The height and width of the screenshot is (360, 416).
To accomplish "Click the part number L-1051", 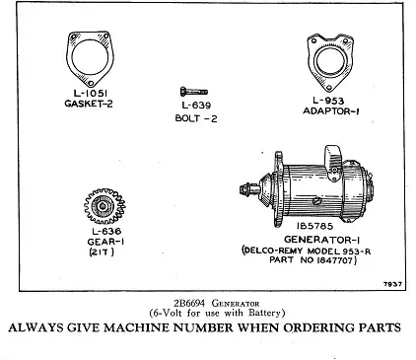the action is [x=90, y=94].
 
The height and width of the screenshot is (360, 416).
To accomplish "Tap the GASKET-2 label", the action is [x=89, y=104].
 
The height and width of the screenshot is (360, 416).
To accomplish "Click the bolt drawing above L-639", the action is [x=194, y=92].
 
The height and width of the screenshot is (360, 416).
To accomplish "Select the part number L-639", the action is [x=196, y=106].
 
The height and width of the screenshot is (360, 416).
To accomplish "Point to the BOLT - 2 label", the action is [x=196, y=118].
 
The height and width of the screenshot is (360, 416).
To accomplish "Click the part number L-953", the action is [x=328, y=101].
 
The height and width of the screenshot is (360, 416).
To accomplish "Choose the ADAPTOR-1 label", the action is [x=331, y=111].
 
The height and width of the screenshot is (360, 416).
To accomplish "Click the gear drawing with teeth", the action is [x=104, y=206].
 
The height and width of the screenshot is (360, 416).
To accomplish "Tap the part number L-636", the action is [x=106, y=231].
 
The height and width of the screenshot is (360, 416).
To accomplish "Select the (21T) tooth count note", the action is [x=102, y=252].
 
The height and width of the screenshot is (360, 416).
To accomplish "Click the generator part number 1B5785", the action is [x=314, y=226].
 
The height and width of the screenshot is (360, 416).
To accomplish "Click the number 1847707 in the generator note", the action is [x=335, y=260].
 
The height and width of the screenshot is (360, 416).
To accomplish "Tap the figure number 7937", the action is [x=393, y=284].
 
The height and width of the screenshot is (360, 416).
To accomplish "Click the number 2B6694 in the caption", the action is [x=189, y=303].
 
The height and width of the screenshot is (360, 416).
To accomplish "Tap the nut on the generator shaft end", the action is [x=244, y=189].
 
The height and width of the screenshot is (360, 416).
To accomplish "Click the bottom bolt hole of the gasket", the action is [x=92, y=83].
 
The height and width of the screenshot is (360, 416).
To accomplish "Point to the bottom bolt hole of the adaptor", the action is [x=329, y=87].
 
